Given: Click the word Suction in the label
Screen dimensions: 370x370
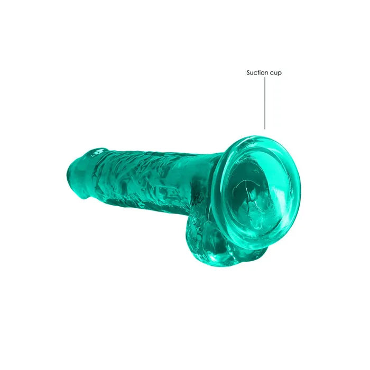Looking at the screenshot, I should tap(258, 73).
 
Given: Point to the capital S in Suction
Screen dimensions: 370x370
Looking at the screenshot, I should tap(248, 73).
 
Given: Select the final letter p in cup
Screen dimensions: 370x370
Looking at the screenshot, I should tap(280, 74).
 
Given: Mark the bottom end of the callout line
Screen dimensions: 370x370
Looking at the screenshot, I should tap(265, 129).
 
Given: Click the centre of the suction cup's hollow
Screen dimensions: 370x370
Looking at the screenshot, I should tap(254, 188).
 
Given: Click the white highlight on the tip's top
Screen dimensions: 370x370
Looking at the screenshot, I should tap(99, 152).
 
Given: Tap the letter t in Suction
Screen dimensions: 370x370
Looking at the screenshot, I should tap(260, 73).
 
